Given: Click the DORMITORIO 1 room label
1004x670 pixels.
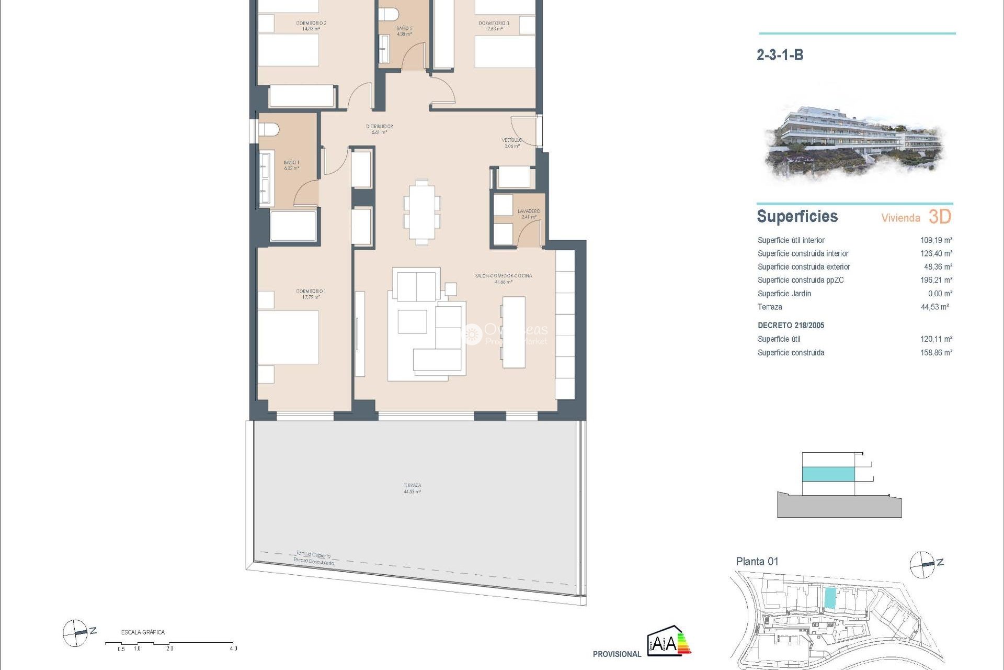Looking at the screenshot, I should point(311,294).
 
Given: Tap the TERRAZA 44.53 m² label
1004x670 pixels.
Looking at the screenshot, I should point(412,488).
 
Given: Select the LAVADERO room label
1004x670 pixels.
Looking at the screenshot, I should point(529,214).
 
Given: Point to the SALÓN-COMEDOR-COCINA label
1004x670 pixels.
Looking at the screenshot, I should point(503,278).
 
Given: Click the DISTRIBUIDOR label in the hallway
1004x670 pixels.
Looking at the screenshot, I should point(379,129).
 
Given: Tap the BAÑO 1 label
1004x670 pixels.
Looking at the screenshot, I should point(291,165).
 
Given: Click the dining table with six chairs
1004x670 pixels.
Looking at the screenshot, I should point(421,211).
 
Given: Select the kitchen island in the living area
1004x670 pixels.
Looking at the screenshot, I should point(514,332).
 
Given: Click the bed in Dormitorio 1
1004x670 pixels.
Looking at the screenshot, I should point(288,337).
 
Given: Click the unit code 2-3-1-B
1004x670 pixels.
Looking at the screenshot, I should point(780,55).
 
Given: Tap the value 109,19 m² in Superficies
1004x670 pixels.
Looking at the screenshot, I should point(936,240).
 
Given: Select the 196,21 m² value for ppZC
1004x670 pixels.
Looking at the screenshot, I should point(936,280).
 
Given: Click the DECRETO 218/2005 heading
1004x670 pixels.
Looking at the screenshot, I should point(791,326).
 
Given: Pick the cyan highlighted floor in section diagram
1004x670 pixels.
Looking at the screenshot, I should point(828,474).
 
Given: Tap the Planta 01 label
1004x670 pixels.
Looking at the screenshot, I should point(757,562).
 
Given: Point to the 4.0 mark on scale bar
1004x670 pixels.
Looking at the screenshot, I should point(233,648).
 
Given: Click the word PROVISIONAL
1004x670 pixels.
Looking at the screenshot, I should point(617,654).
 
